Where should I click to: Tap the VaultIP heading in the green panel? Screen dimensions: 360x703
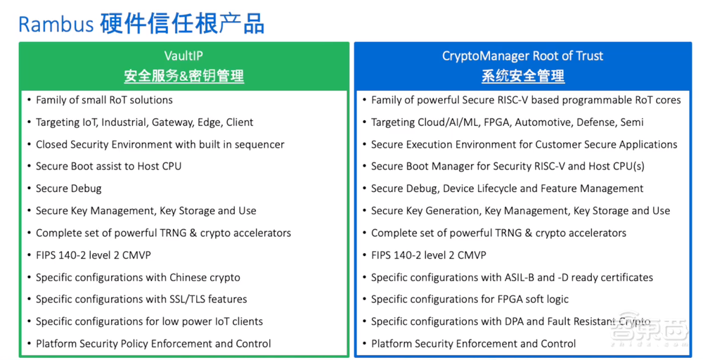(x=183, y=56)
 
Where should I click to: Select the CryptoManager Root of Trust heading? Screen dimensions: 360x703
(x=522, y=56)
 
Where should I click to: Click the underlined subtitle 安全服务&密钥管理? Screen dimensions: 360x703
(x=183, y=76)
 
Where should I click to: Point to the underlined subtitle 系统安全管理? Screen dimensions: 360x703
(x=522, y=76)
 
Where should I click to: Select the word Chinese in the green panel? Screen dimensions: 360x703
(x=184, y=277)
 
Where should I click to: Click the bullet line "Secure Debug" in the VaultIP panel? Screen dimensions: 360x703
(x=68, y=188)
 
